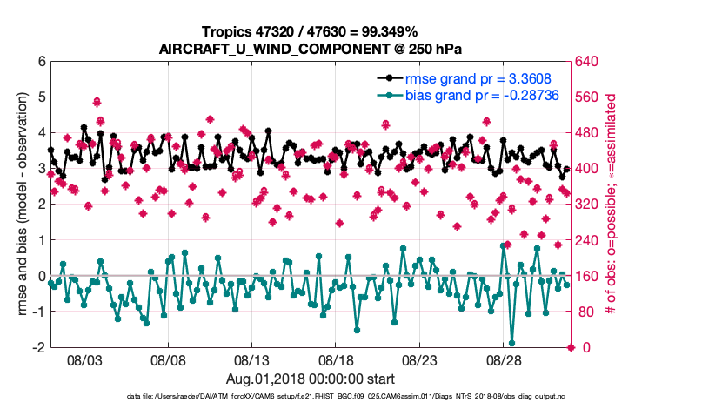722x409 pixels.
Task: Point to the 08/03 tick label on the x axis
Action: coord(86,359)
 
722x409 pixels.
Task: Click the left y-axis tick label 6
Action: coord(41,62)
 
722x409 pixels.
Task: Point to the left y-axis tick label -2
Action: coord(38,347)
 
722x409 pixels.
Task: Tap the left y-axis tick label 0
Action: coord(41,276)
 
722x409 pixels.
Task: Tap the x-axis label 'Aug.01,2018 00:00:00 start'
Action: coord(310,379)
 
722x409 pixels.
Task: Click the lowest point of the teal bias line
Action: coord(511,343)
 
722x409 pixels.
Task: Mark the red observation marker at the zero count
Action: coord(571,347)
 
